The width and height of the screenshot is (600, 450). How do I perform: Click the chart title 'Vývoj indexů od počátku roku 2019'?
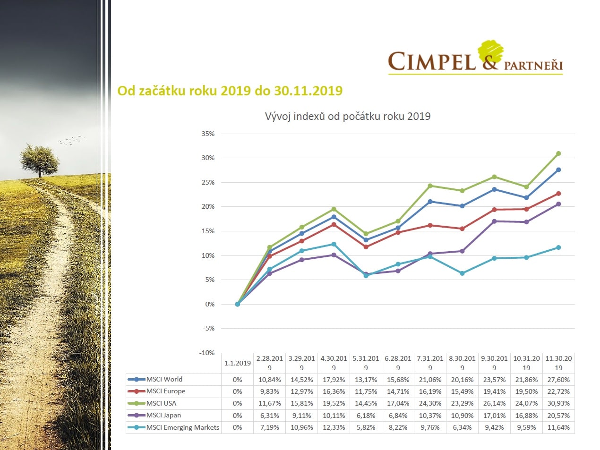[347, 117]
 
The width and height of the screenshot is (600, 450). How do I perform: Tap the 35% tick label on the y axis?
[208, 134]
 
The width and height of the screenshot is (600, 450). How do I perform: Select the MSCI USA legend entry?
[161, 403]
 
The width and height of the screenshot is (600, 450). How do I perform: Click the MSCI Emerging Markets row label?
[182, 427]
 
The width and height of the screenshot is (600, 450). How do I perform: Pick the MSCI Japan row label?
[163, 415]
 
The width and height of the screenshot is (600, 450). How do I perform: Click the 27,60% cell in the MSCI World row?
[558, 380]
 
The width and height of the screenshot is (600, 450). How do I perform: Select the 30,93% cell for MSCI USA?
[558, 403]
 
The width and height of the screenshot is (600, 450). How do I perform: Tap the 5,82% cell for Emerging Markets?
[366, 427]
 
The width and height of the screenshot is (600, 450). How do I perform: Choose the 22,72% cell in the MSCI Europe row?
[558, 391]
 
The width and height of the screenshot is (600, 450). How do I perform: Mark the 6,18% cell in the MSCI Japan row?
[366, 416]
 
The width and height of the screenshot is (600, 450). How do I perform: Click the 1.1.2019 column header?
[237, 363]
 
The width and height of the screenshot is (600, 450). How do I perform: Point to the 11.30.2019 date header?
[558, 363]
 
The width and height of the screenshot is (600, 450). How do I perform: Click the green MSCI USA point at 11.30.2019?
[558, 153]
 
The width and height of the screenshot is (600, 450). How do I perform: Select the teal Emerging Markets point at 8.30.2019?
[462, 273]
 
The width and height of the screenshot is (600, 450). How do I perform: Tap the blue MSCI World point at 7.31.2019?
[430, 202]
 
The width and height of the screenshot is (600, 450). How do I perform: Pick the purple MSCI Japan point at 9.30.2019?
[494, 221]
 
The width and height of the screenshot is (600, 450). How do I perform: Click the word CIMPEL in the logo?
[431, 62]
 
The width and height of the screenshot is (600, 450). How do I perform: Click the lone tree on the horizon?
[40, 160]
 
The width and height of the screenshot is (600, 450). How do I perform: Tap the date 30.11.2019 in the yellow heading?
[308, 90]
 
